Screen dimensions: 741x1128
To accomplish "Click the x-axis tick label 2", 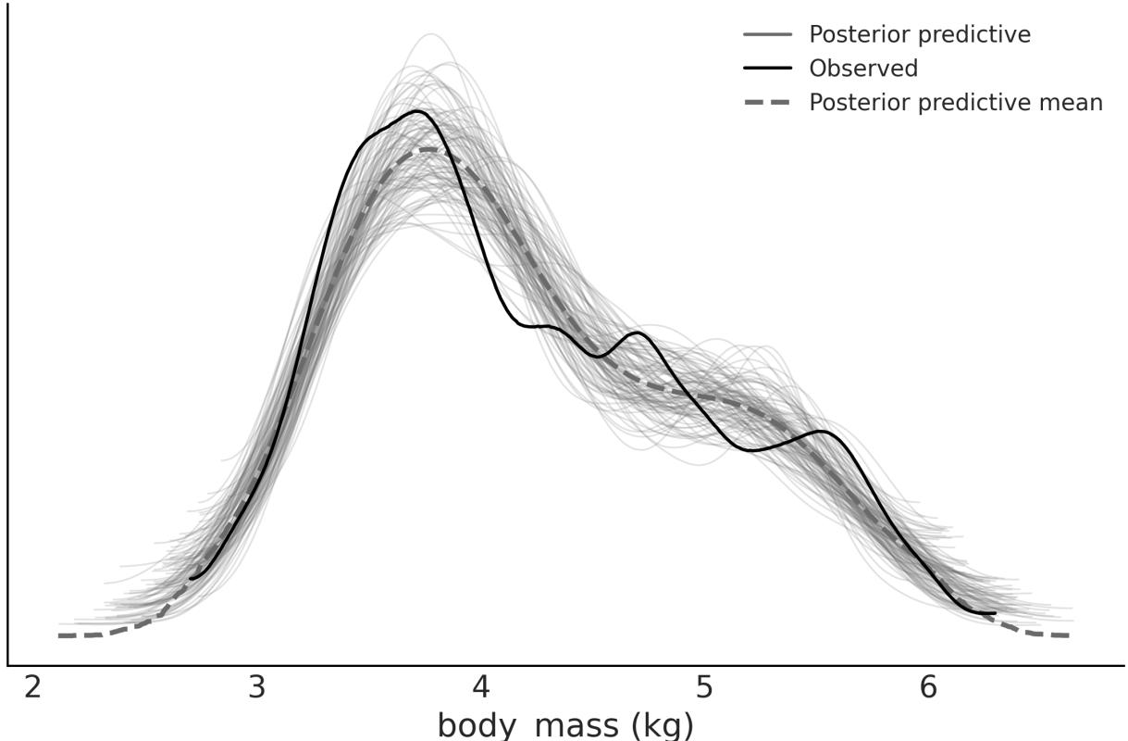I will [x=33, y=689].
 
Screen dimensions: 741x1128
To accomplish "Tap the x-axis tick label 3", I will [x=257, y=689].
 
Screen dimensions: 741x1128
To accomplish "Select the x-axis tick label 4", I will [x=480, y=689].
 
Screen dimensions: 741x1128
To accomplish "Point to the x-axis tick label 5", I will [x=705, y=689].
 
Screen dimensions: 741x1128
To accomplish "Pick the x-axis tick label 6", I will [x=928, y=689].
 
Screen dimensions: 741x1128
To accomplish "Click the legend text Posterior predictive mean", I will [x=956, y=102].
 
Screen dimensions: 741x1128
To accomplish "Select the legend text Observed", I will [x=863, y=69].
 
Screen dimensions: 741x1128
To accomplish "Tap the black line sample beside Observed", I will [x=767, y=69].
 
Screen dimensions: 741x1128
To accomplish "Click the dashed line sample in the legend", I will [x=767, y=102].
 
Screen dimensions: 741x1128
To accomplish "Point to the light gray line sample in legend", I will [x=767, y=35].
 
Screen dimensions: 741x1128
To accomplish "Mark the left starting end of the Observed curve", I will [x=191, y=579].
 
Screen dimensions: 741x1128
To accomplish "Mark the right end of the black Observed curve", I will [x=995, y=612].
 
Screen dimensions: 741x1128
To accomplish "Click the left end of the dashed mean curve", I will [x=59, y=635].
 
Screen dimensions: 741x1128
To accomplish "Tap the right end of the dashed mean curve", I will [x=1069, y=634].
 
